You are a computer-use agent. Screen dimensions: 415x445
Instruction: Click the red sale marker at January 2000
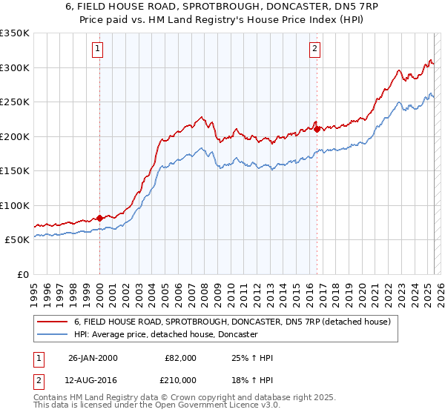tap(99, 218)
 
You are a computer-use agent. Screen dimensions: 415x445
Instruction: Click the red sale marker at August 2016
tap(317, 129)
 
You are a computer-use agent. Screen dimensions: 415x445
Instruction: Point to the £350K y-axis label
tap(15, 33)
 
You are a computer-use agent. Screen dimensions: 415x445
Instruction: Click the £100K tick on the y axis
tap(15, 205)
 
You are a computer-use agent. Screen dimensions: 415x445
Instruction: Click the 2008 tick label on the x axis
tap(204, 289)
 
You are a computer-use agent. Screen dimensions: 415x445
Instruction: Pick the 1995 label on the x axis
tap(33, 289)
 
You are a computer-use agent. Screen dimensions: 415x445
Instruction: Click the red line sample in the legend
tap(53, 322)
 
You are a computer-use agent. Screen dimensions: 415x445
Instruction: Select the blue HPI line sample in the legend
tap(53, 335)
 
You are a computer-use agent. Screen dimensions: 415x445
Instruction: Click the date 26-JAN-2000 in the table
tap(93, 358)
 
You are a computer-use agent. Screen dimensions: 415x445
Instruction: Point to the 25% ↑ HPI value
tap(253, 358)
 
